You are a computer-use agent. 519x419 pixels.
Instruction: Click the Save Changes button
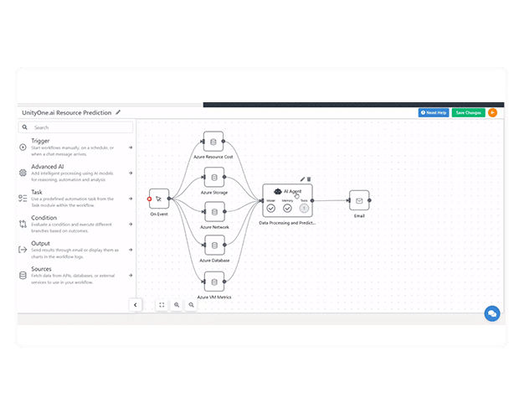(468, 112)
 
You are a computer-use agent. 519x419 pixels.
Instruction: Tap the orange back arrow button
(492, 112)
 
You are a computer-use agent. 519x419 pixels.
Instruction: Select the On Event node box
(159, 199)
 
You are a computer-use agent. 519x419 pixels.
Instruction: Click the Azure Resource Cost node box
(213, 141)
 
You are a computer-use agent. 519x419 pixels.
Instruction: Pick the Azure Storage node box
(213, 177)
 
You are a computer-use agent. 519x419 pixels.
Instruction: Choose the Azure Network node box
(213, 212)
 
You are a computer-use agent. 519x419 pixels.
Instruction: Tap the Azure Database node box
(213, 246)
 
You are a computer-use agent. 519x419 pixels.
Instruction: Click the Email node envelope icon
(359, 201)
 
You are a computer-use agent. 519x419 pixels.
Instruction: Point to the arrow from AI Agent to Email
(331, 200)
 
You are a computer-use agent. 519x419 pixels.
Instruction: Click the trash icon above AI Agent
(309, 178)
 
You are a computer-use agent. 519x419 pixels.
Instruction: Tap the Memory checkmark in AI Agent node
(287, 209)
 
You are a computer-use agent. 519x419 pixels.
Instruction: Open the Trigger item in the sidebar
(41, 141)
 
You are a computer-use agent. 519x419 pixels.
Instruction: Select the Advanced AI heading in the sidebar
(47, 167)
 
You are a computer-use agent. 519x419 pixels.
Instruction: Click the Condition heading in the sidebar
(45, 219)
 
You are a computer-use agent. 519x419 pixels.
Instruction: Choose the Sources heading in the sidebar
(42, 270)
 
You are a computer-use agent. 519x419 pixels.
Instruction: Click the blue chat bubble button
(492, 313)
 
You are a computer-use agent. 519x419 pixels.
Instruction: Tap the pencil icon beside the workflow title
(118, 112)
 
